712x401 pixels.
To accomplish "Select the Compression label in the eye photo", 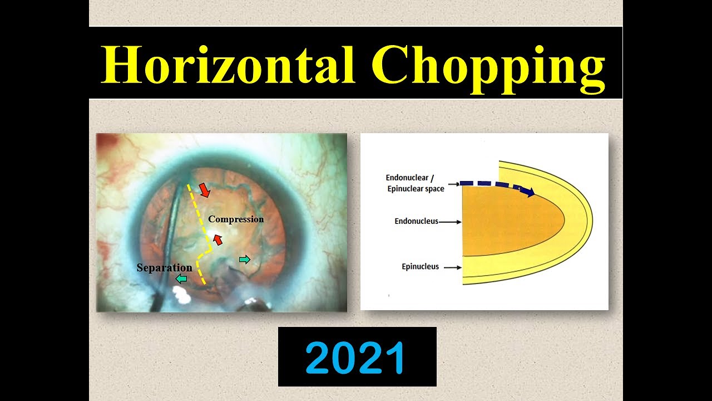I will pyautogui.click(x=236, y=219).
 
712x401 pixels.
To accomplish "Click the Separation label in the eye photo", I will pyautogui.click(x=164, y=268).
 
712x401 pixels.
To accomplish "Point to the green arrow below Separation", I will pyautogui.click(x=181, y=278).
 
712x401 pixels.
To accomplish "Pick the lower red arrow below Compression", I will pyautogui.click(x=218, y=239).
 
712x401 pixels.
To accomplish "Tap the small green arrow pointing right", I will pyautogui.click(x=244, y=260).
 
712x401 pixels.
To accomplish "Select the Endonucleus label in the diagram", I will pyautogui.click(x=416, y=221).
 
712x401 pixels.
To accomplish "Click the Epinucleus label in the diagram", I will pyautogui.click(x=420, y=267).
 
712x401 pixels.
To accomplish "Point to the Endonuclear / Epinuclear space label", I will pyautogui.click(x=415, y=183).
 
